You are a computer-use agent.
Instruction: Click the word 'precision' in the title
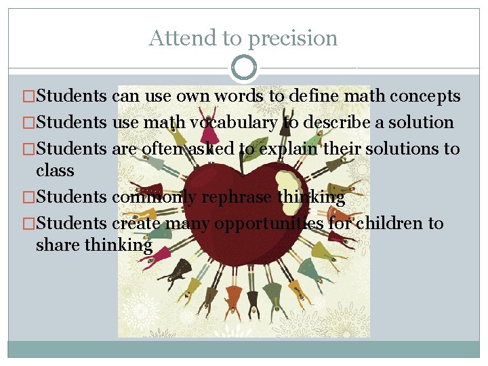292,39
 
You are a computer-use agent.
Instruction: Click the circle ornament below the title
244,68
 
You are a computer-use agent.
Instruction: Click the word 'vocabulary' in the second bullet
234,123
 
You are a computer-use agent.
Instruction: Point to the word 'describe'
329,123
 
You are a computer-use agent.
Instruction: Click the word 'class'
55,170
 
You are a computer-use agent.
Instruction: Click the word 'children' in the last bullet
394,224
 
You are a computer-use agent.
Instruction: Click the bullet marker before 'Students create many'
28,224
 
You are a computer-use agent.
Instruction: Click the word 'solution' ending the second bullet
422,123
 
